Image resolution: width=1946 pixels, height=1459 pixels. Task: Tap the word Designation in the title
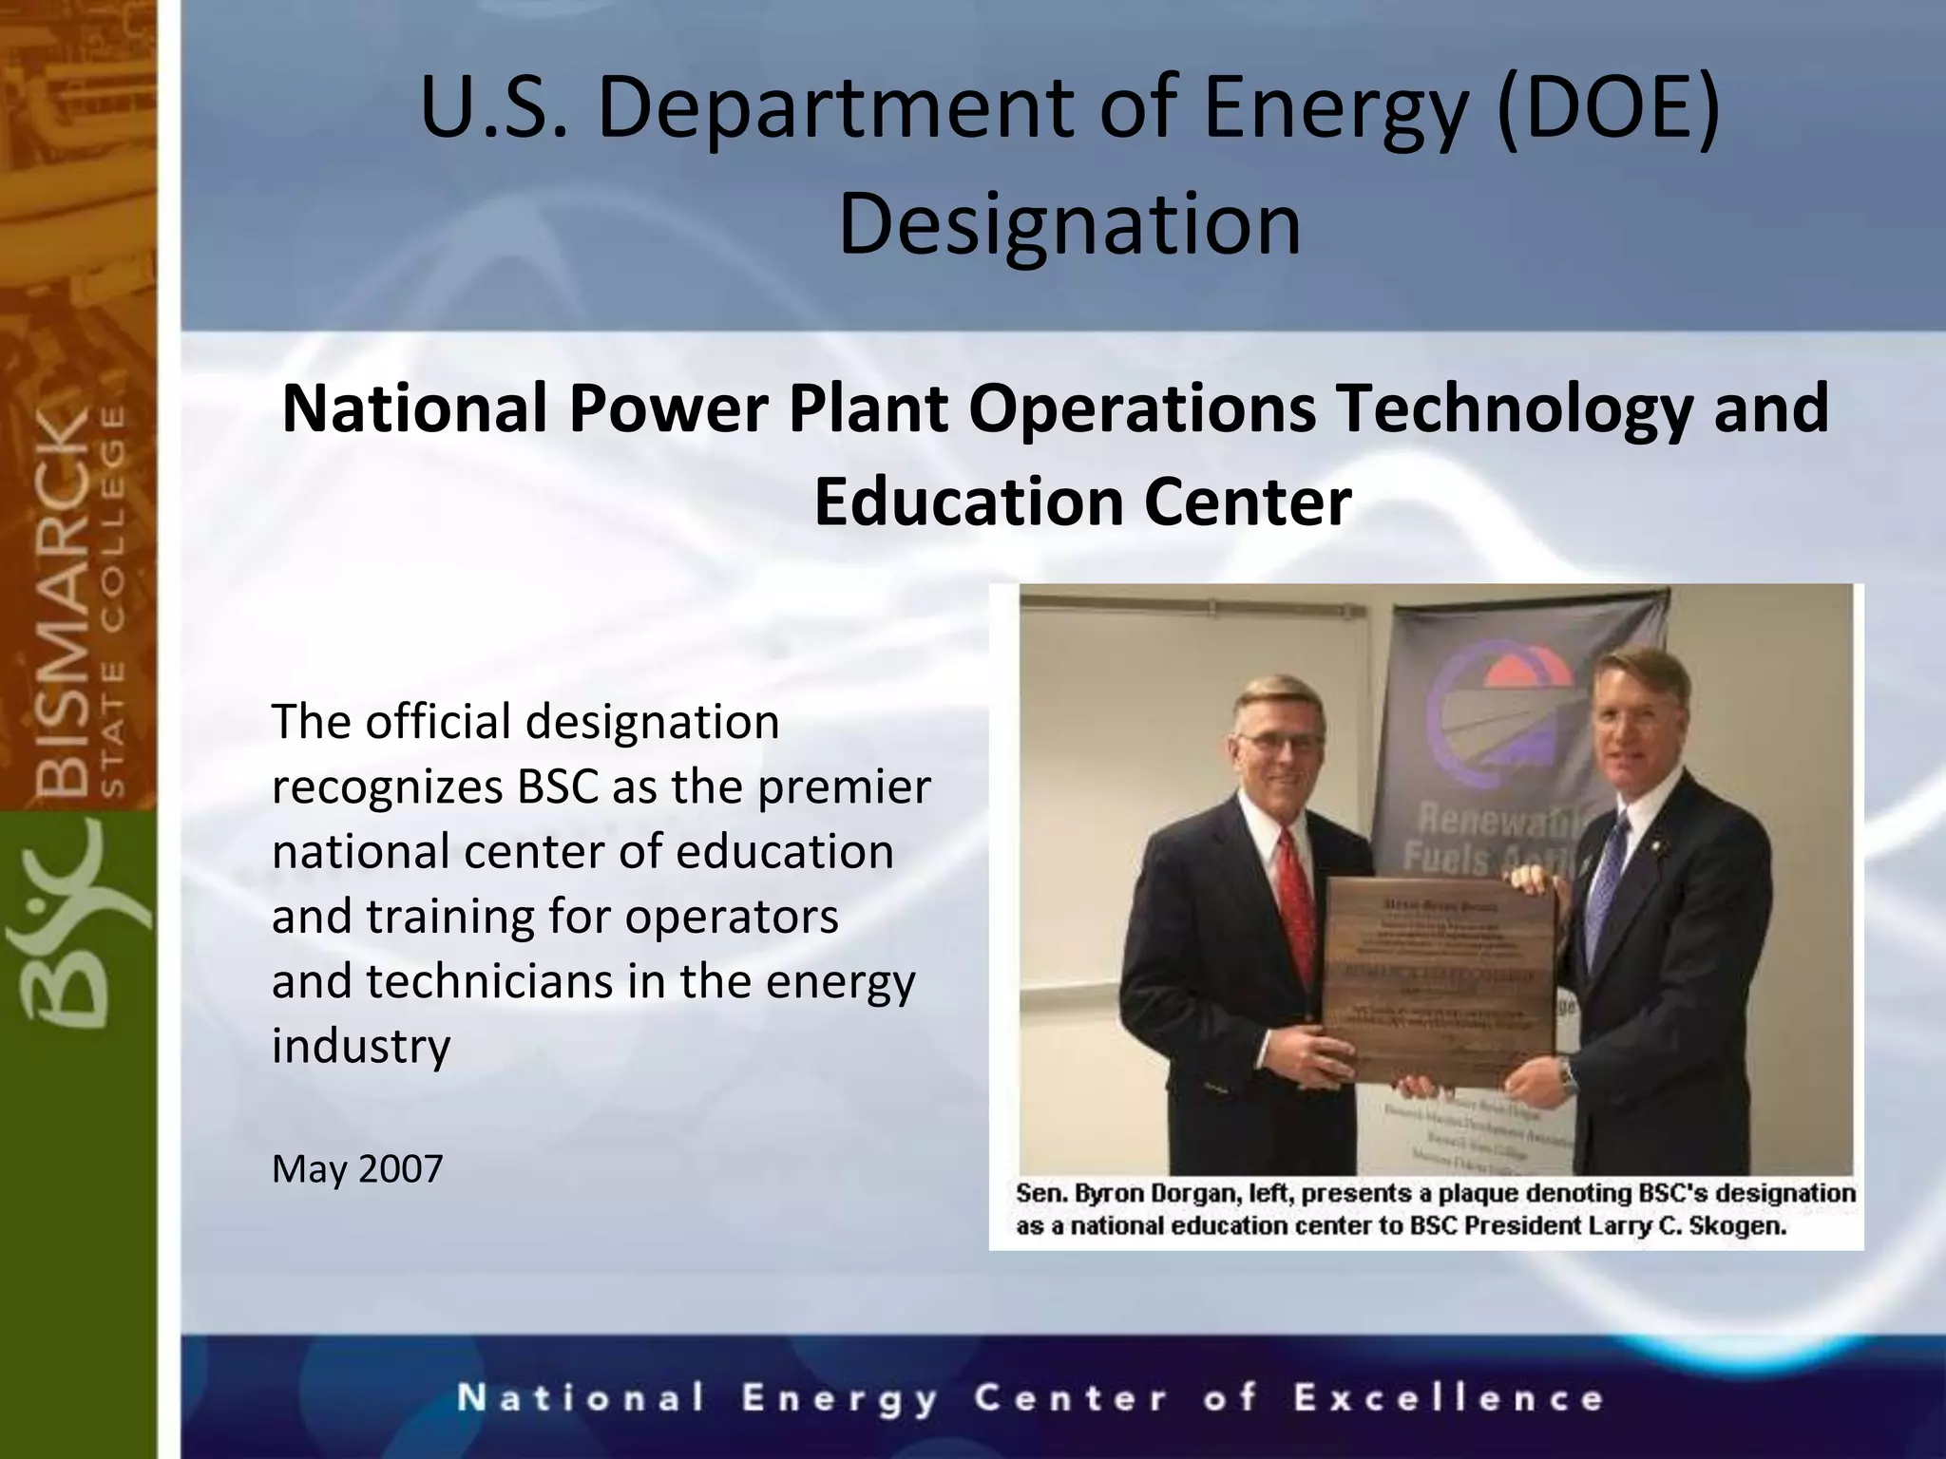click(x=1069, y=224)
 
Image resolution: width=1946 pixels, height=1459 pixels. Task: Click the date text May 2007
click(x=357, y=1168)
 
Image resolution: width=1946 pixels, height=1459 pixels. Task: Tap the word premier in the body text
click(x=844, y=787)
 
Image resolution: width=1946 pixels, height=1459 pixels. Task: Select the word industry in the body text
click(x=361, y=1046)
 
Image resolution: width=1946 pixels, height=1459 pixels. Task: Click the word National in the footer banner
click(x=582, y=1398)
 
